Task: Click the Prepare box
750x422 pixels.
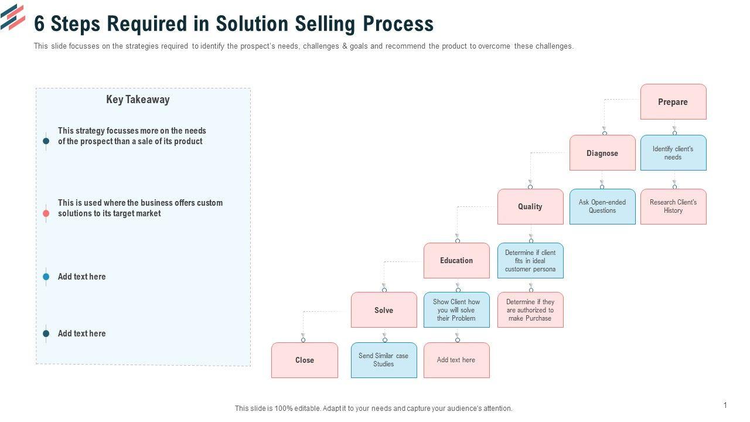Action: point(673,102)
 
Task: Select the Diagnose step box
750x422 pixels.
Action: point(602,153)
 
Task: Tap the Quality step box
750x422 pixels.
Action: point(530,206)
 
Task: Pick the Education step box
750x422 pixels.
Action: point(456,260)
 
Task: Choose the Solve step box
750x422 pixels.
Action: point(384,310)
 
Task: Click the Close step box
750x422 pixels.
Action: point(305,360)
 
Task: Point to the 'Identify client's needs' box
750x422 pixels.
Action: point(673,153)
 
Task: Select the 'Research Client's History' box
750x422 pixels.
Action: point(673,206)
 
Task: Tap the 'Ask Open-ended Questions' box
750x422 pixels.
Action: point(602,206)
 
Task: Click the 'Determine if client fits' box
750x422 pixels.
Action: point(530,260)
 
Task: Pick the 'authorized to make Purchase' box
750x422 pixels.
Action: point(530,310)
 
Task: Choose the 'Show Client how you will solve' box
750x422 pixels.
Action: point(456,310)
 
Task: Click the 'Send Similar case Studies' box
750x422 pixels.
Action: point(384,360)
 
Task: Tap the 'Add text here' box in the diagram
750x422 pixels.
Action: point(456,360)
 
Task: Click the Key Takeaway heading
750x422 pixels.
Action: point(138,100)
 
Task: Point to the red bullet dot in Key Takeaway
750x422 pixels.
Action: point(46,213)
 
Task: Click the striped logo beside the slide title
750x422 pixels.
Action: point(13,17)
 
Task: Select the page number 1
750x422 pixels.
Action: point(725,405)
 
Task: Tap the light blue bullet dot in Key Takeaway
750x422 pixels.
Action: point(46,277)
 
